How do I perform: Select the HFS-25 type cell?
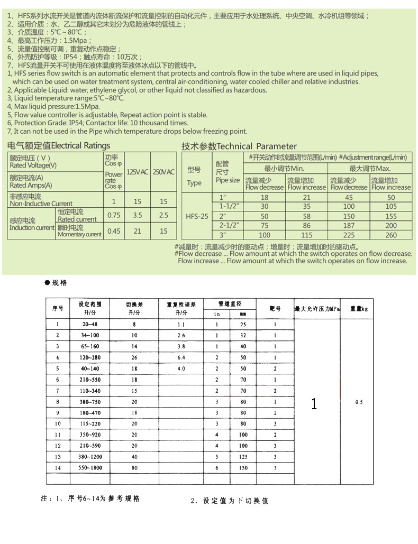tap(194, 216)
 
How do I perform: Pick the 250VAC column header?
tap(163, 172)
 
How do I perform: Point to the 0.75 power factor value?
tap(114, 215)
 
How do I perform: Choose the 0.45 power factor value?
tap(114, 231)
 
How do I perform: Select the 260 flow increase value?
tap(390, 235)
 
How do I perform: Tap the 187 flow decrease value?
tap(349, 226)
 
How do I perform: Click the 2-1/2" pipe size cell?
tap(230, 226)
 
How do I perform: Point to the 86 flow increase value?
tap(307, 226)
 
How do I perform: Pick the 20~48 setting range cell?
tap(89, 325)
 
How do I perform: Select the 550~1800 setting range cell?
tap(89, 468)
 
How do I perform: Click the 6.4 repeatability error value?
tap(181, 358)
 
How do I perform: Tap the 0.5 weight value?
tap(359, 402)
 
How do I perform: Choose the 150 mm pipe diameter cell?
tap(243, 468)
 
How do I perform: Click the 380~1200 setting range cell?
tap(89, 457)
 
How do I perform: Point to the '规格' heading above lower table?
tap(59, 283)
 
